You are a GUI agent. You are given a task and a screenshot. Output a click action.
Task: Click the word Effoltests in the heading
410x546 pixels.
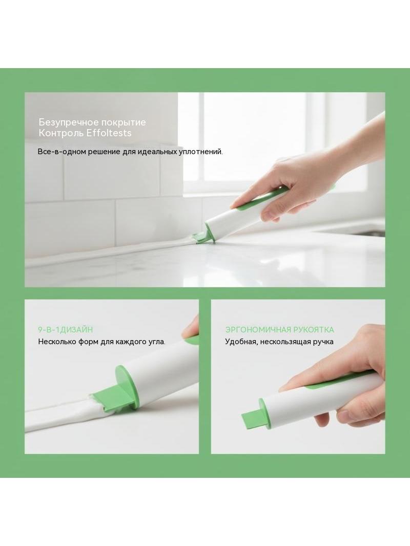[x=109, y=133]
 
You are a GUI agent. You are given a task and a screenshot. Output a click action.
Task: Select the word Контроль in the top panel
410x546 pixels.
[x=60, y=133]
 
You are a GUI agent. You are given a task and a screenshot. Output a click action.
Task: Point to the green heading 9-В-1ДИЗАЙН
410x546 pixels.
[x=66, y=329]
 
